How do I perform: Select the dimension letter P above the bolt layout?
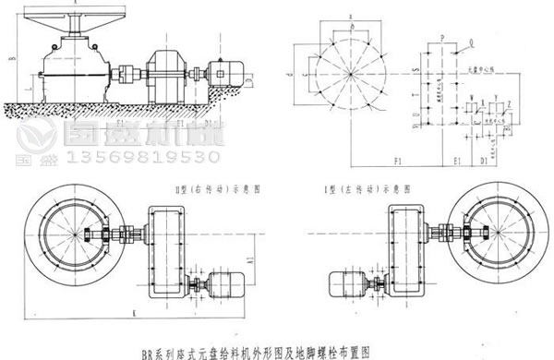pyautogui.click(x=442, y=34)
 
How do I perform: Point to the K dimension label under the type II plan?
pyautogui.click(x=135, y=314)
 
